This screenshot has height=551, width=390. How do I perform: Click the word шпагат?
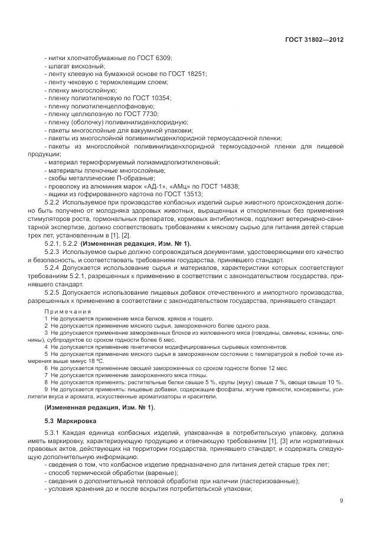coord(60,67)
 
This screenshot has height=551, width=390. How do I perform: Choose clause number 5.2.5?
coord(54,293)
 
